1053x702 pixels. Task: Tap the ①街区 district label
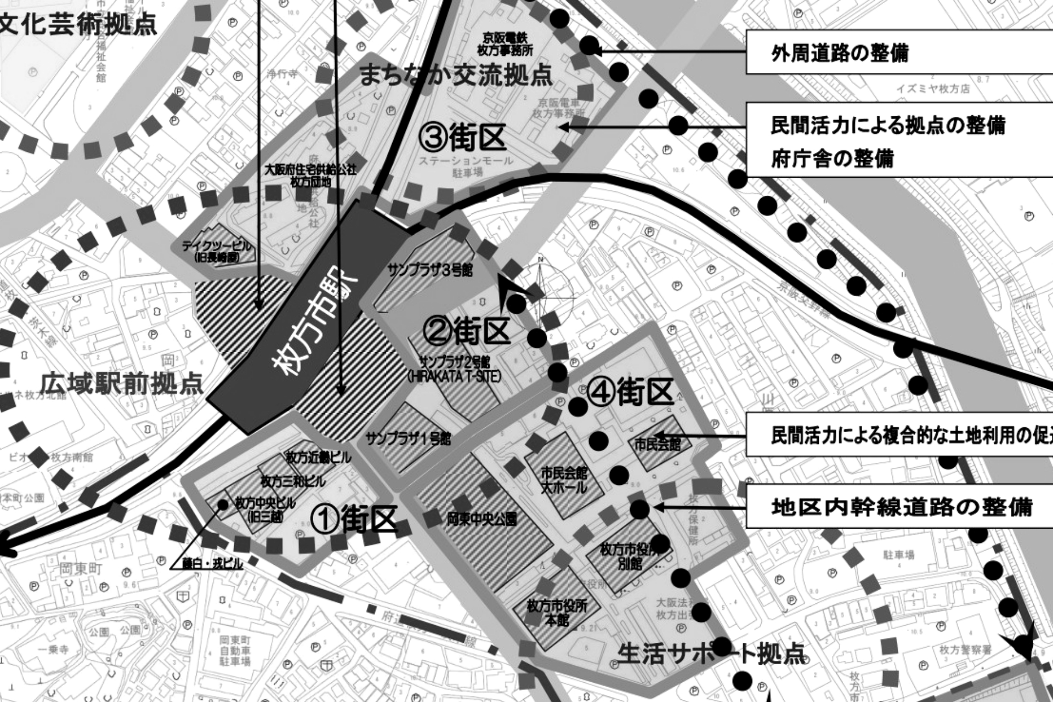[354, 519]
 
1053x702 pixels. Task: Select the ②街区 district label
[467, 331]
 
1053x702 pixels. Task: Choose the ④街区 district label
[630, 393]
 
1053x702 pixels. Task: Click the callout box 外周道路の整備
[899, 53]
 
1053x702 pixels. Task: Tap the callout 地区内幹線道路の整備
[899, 507]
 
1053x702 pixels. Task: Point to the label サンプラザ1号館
[408, 439]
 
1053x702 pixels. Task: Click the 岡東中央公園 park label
[481, 519]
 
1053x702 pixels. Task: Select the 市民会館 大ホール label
[564, 480]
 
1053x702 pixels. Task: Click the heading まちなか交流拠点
[455, 75]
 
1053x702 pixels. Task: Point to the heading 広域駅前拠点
[122, 384]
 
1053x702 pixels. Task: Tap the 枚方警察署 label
[965, 650]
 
